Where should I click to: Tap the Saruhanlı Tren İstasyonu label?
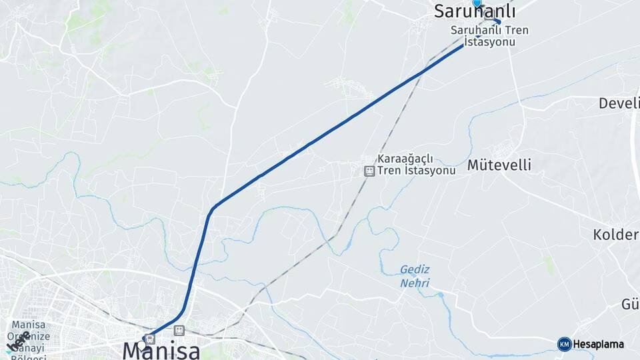point(484,35)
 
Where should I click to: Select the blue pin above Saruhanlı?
point(476,3)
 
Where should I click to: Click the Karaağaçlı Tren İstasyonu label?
point(415,164)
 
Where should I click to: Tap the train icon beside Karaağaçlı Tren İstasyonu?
point(369,171)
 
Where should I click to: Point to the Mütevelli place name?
point(499,165)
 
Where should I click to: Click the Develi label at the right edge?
point(619,103)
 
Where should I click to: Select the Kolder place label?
point(616,235)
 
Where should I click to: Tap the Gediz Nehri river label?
point(415,275)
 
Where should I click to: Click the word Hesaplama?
point(599,344)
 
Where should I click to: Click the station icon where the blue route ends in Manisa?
point(150,338)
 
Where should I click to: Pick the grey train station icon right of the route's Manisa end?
point(178,330)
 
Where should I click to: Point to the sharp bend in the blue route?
point(212,210)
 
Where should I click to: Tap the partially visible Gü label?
point(630,305)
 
